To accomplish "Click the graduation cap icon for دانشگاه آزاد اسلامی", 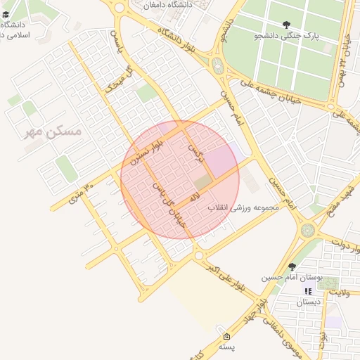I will pyautogui.click(x=6, y=14).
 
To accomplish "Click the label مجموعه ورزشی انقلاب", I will pyautogui.click(x=244, y=209).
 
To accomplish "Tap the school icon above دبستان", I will pyautogui.click(x=307, y=291).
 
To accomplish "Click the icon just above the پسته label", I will pyautogui.click(x=226, y=336).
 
